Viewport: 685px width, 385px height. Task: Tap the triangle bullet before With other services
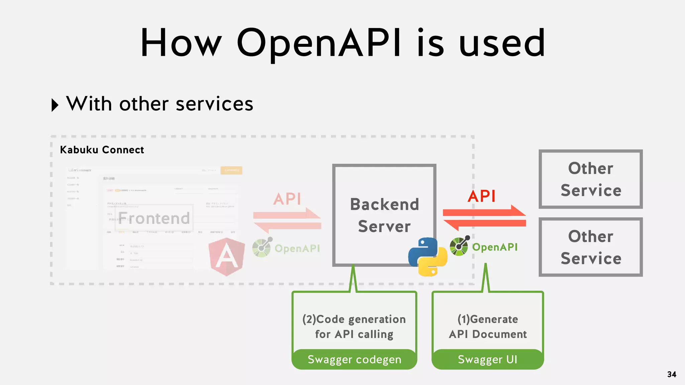tap(55, 105)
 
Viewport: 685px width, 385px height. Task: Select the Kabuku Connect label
tap(102, 150)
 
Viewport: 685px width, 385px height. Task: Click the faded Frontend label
tap(154, 218)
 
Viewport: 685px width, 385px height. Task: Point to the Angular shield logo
tap(226, 257)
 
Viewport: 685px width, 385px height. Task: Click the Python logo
tap(428, 257)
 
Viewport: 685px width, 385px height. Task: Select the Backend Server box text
tap(384, 215)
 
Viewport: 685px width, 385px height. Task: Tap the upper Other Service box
tap(591, 179)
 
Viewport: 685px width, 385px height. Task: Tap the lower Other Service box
tap(591, 247)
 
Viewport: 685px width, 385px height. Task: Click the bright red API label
tap(481, 196)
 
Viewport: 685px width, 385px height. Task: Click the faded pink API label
tap(287, 199)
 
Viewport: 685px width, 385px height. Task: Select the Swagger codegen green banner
tap(354, 359)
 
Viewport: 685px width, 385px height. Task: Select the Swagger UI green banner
tap(487, 359)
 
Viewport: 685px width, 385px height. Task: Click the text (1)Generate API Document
tap(488, 327)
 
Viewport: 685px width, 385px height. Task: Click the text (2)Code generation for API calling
tap(354, 327)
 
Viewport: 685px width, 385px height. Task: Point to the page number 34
tap(672, 374)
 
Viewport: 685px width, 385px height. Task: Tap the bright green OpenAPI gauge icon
tap(459, 246)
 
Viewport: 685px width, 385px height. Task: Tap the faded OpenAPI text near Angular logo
tap(297, 248)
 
